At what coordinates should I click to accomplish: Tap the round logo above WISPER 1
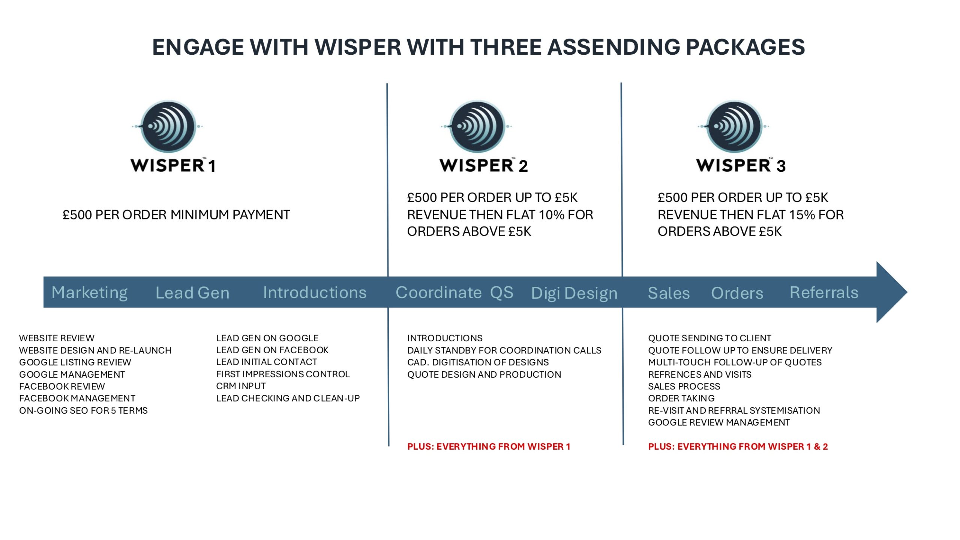pyautogui.click(x=168, y=126)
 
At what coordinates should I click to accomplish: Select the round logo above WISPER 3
pyautogui.click(x=734, y=126)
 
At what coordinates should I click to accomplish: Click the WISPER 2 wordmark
pyautogui.click(x=484, y=165)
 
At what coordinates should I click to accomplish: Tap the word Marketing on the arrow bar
pyautogui.click(x=90, y=293)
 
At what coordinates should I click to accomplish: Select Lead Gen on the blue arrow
pyautogui.click(x=192, y=293)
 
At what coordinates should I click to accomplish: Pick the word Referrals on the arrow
pyautogui.click(x=824, y=292)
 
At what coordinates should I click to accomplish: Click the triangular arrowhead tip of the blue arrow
pyautogui.click(x=907, y=292)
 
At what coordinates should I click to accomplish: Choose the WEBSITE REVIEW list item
pyautogui.click(x=57, y=338)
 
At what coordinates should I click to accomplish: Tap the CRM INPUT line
pyautogui.click(x=241, y=386)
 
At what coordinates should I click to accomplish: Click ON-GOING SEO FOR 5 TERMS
pyautogui.click(x=83, y=411)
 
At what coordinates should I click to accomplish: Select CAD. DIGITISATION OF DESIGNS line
pyautogui.click(x=478, y=362)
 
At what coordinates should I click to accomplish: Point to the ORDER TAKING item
pyautogui.click(x=681, y=398)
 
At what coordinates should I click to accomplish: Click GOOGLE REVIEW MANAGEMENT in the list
pyautogui.click(x=719, y=423)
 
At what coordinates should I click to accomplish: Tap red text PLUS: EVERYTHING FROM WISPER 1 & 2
pyautogui.click(x=738, y=447)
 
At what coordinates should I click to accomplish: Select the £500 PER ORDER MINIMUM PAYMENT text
pyautogui.click(x=176, y=215)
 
